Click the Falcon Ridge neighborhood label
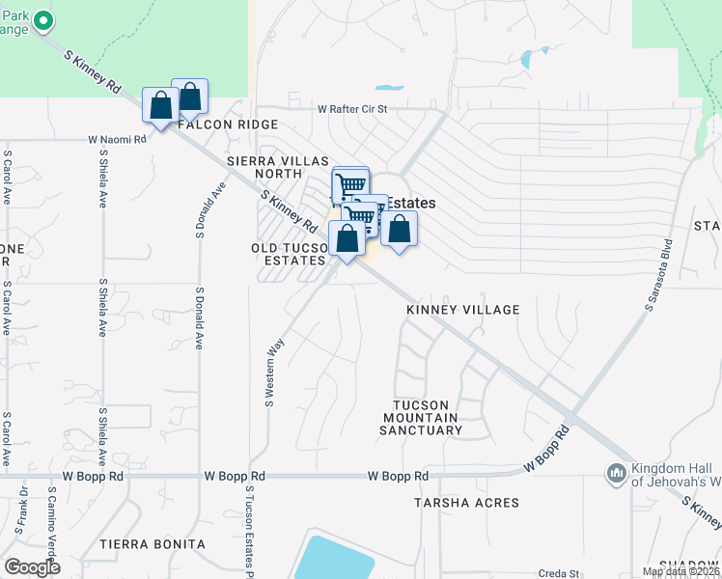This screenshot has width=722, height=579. click(227, 124)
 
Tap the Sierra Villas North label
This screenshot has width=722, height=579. click(278, 167)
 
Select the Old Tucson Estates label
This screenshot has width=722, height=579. click(289, 255)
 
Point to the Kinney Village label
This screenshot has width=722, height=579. click(462, 310)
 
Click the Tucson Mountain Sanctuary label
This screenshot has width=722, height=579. click(428, 417)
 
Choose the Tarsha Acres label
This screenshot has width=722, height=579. click(466, 503)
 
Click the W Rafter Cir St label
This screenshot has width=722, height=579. click(352, 109)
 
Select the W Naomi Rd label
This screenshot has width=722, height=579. click(117, 139)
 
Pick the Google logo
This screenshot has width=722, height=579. click(32, 567)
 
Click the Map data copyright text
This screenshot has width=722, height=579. click(680, 572)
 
